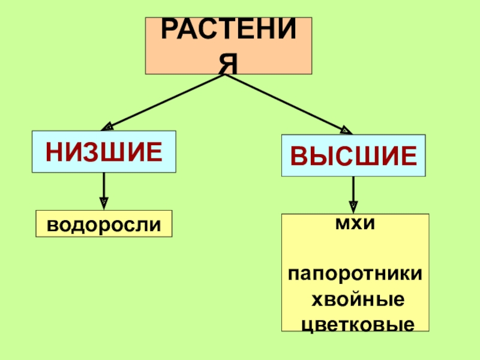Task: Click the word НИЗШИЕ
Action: pyautogui.click(x=104, y=152)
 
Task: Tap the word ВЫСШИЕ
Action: pyautogui.click(x=353, y=155)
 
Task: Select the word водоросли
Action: pyautogui.click(x=104, y=224)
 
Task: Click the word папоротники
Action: pyautogui.click(x=355, y=274)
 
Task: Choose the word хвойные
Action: pyautogui.click(x=355, y=299)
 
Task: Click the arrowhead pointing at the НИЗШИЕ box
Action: pyautogui.click(x=109, y=127)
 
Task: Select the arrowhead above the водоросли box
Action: pyautogui.click(x=104, y=203)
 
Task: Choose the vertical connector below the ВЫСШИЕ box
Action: pyautogui.click(x=353, y=188)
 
